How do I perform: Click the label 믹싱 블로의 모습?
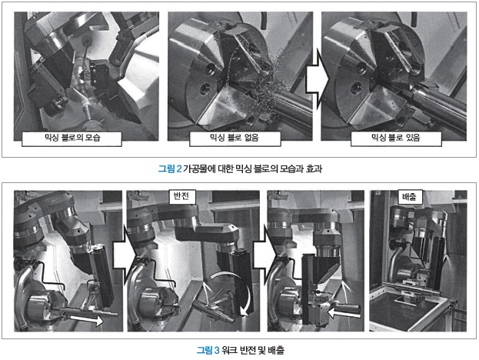pyautogui.click(x=72, y=138)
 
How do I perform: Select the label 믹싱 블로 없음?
pyautogui.click(x=235, y=138)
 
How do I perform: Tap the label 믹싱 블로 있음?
pyautogui.click(x=396, y=138)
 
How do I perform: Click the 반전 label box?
pyautogui.click(x=182, y=196)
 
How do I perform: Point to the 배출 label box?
pyautogui.click(x=409, y=196)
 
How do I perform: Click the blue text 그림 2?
pyautogui.click(x=170, y=169)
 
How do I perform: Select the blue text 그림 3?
pyautogui.click(x=208, y=350)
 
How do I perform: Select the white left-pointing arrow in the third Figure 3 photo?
pyautogui.click(x=344, y=312)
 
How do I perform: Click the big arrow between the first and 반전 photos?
pyautogui.click(x=124, y=254)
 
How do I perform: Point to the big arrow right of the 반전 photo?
pyautogui.click(x=264, y=254)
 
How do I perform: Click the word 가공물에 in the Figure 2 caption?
pyautogui.click(x=199, y=169)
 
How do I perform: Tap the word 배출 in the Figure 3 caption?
pyautogui.click(x=276, y=350)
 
